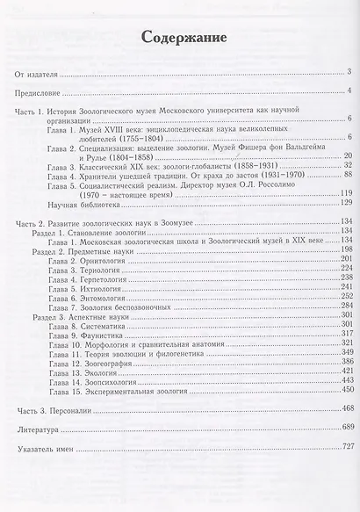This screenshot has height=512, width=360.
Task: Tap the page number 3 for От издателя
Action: click(x=349, y=71)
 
